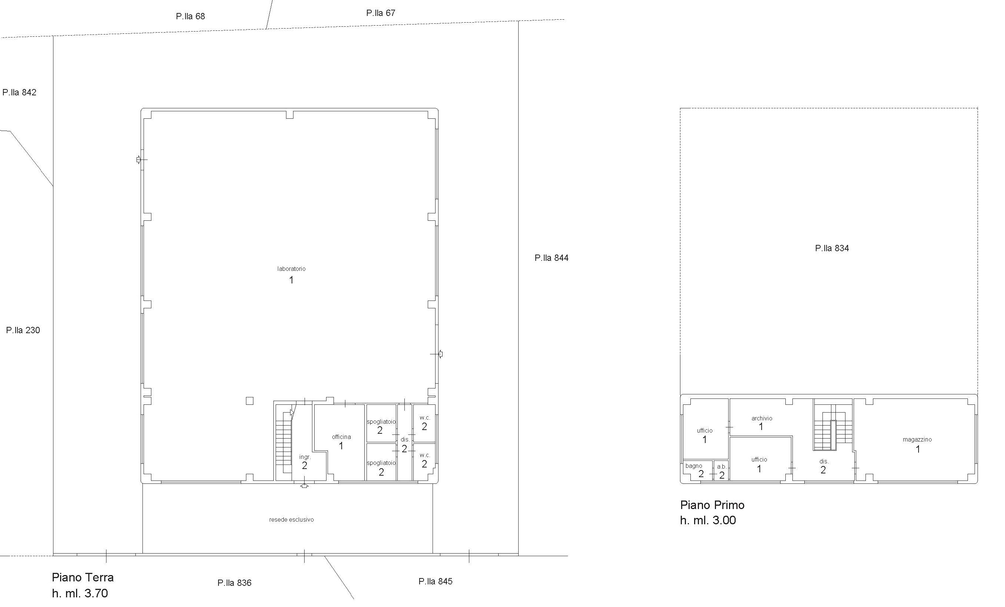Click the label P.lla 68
(x=190, y=16)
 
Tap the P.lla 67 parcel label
(x=381, y=13)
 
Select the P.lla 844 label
(x=551, y=258)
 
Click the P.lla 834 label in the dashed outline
(x=832, y=248)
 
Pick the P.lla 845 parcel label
(x=435, y=581)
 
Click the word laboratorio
(x=291, y=269)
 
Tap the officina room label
(x=341, y=437)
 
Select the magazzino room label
(x=917, y=440)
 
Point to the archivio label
(x=762, y=419)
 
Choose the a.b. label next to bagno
(x=722, y=467)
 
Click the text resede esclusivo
(x=291, y=520)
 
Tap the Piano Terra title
(x=83, y=578)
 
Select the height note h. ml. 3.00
(x=708, y=520)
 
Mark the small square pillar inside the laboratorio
(x=250, y=401)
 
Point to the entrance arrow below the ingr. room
(x=304, y=485)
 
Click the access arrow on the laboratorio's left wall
(x=139, y=160)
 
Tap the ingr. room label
(x=305, y=457)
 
